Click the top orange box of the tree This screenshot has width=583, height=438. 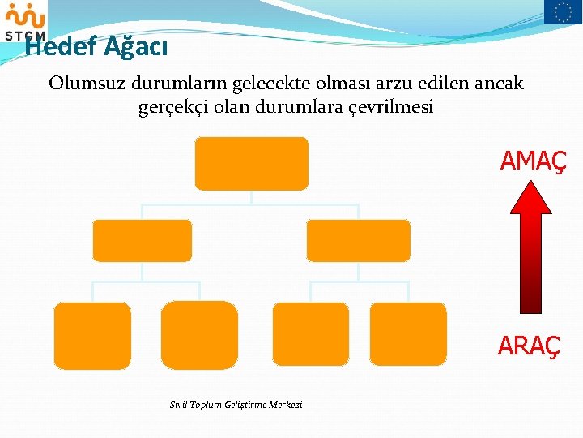click(251, 163)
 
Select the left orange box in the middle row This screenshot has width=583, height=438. click(142, 240)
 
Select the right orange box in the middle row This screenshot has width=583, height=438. click(359, 240)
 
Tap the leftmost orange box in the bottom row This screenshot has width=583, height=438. click(92, 335)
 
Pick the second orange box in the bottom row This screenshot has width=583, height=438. click(199, 335)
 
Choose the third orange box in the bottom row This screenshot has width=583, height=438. click(310, 335)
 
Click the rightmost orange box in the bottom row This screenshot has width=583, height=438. click(408, 335)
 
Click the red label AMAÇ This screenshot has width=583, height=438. click(533, 161)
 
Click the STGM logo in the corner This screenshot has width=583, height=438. click(25, 20)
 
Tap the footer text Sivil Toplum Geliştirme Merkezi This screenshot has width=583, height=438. click(236, 404)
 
